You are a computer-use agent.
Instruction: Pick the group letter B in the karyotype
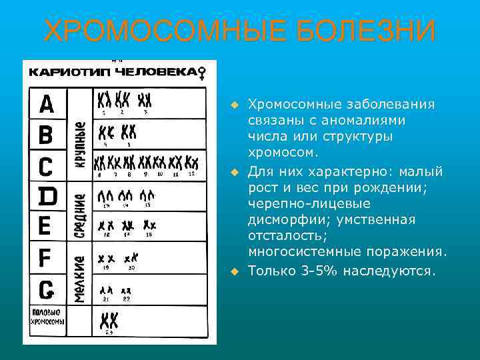(x=46, y=135)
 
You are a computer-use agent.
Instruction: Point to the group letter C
(x=46, y=165)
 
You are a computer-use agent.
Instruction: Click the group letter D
(x=47, y=196)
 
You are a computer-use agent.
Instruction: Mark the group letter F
(x=45, y=257)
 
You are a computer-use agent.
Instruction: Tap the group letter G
(x=46, y=289)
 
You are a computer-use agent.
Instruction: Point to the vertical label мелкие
(x=80, y=280)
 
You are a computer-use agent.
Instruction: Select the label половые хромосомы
(x=47, y=317)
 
